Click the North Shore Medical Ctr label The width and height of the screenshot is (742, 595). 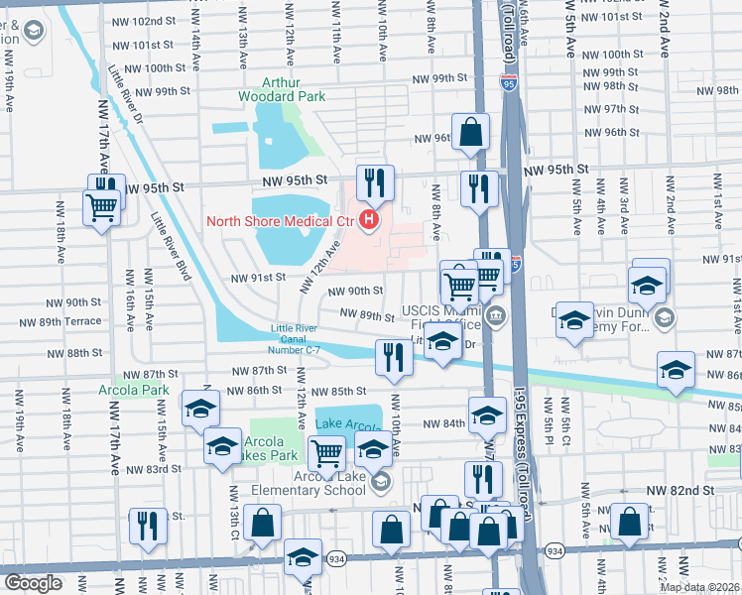tap(280, 220)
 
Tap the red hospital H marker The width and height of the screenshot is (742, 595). tap(370, 219)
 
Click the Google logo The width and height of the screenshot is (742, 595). tap(33, 583)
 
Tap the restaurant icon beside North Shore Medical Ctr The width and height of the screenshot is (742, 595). tap(375, 182)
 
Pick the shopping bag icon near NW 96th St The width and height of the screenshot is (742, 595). tap(470, 131)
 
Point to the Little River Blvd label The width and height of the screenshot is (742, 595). tap(170, 249)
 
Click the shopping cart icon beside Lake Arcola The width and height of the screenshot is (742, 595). tap(325, 454)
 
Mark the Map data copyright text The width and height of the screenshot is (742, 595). tap(700, 587)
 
